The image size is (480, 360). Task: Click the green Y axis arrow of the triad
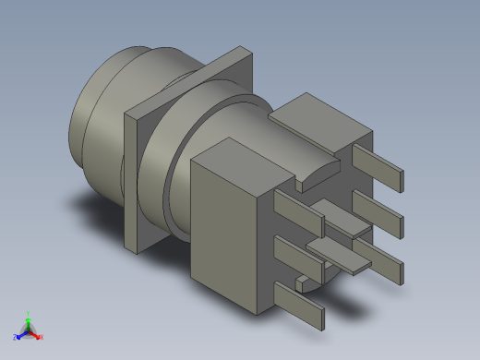29,322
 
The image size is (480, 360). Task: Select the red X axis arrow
36,336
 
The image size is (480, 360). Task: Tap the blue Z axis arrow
20,336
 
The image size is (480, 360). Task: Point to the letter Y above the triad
29,314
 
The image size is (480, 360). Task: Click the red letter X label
42,338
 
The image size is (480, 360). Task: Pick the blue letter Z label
15,338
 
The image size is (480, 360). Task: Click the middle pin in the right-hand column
378,211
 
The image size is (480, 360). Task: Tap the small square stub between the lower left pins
304,279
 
